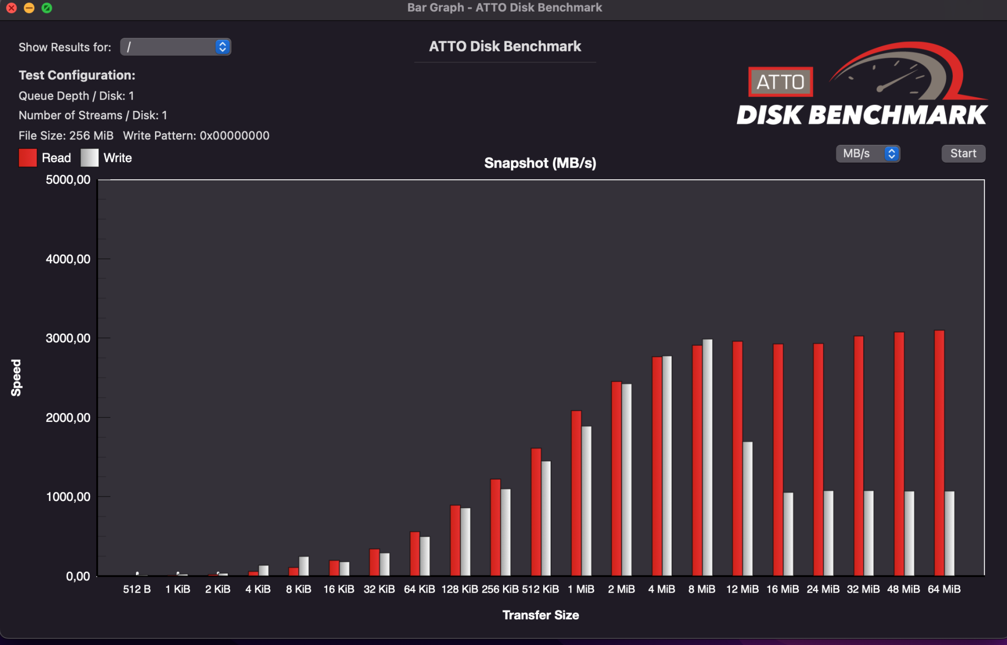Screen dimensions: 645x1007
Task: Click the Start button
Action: [x=963, y=154]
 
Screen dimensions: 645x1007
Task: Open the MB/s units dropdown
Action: [x=868, y=154]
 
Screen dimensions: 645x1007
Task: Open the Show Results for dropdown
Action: [x=175, y=47]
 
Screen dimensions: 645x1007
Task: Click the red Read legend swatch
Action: [x=28, y=158]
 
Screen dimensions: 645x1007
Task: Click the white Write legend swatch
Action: [x=90, y=158]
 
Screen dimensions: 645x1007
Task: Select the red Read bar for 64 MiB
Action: [x=939, y=453]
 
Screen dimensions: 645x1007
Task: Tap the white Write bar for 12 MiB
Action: [x=748, y=509]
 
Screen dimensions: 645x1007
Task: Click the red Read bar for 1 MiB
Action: [x=576, y=493]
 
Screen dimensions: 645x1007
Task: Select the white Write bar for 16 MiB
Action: [x=788, y=534]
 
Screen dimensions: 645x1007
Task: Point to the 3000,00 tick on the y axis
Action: [x=68, y=338]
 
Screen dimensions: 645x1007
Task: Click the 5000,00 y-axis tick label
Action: [x=68, y=180]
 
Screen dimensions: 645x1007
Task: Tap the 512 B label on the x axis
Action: [x=137, y=589]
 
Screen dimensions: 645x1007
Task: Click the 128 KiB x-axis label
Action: [x=460, y=589]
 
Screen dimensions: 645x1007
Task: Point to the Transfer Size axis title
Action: [x=541, y=615]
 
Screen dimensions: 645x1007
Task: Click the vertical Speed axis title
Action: [x=17, y=378]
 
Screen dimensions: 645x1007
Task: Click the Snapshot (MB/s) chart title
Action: [x=540, y=163]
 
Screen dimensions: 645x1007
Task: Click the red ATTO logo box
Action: [x=780, y=82]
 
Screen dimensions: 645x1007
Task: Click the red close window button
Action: [x=12, y=8]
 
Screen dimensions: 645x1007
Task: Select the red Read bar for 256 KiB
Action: [x=495, y=527]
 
